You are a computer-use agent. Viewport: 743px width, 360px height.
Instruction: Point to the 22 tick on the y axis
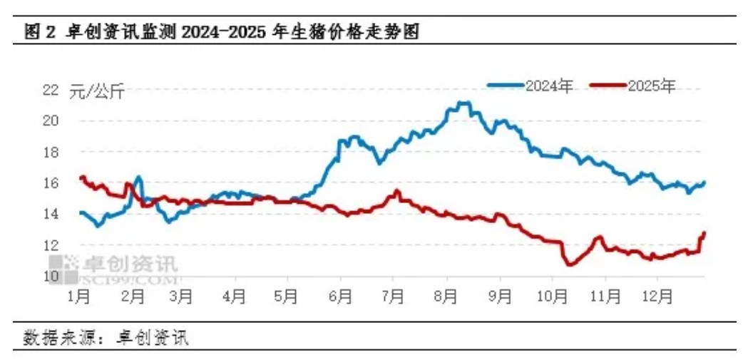[x=50, y=90]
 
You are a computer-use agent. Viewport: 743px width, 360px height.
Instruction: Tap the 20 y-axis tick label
[x=50, y=120]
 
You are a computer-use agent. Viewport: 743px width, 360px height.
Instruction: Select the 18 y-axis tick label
[x=50, y=152]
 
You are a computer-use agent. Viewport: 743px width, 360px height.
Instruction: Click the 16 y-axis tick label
[x=50, y=183]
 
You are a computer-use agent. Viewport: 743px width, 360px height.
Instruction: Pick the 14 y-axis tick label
[x=50, y=214]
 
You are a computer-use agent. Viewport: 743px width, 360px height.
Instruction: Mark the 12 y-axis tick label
[x=50, y=245]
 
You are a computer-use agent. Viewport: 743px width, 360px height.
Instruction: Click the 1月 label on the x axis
[x=79, y=295]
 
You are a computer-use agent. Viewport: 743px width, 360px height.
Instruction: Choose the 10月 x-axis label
[x=552, y=295]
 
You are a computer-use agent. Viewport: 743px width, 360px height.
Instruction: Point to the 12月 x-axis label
[x=657, y=295]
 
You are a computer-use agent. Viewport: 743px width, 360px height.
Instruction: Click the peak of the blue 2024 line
[x=463, y=103]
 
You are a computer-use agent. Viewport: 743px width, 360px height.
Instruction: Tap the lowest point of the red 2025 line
[x=568, y=265]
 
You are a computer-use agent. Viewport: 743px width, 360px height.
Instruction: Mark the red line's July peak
[x=397, y=191]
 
